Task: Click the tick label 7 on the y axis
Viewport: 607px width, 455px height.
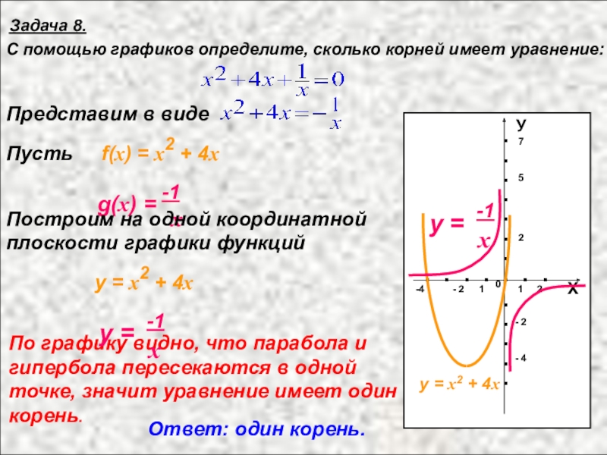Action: (x=521, y=143)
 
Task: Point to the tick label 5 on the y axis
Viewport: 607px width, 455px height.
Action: (x=521, y=178)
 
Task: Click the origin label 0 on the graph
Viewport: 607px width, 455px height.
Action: (x=498, y=284)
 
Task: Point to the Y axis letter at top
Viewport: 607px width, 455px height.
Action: (x=522, y=123)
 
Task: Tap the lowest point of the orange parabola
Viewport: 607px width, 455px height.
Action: (x=468, y=365)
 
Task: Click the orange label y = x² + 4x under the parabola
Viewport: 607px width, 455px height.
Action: (x=459, y=384)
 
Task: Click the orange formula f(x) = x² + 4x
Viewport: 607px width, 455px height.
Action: (x=160, y=154)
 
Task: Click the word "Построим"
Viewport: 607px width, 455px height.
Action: (x=51, y=220)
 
